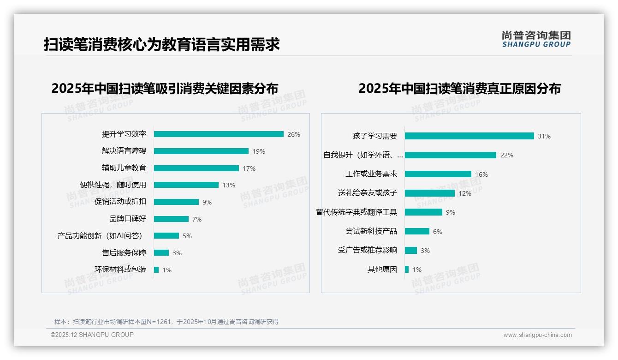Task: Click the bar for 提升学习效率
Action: [x=219, y=134]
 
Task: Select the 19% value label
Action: [x=259, y=151]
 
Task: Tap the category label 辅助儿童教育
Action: [x=124, y=168]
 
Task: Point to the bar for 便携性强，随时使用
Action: [x=186, y=185]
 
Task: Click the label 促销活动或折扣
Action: [x=120, y=202]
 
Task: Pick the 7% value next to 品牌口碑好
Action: [x=197, y=219]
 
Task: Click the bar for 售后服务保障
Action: [x=161, y=253]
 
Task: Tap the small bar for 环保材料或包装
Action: [x=156, y=270]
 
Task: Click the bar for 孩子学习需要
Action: [x=469, y=136]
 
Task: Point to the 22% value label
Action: [x=507, y=155]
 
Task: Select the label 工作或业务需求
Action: [x=371, y=174]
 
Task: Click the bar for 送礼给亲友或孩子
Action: [x=430, y=193]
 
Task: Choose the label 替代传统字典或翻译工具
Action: [x=357, y=212]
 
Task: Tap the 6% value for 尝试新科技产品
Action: [x=437, y=232]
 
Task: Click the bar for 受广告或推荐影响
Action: [x=411, y=250]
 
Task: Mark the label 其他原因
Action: [x=382, y=270]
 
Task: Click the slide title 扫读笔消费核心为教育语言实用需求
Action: [x=162, y=45]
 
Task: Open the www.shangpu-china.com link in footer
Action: [x=537, y=335]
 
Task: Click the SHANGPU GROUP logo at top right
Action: [x=536, y=39]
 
